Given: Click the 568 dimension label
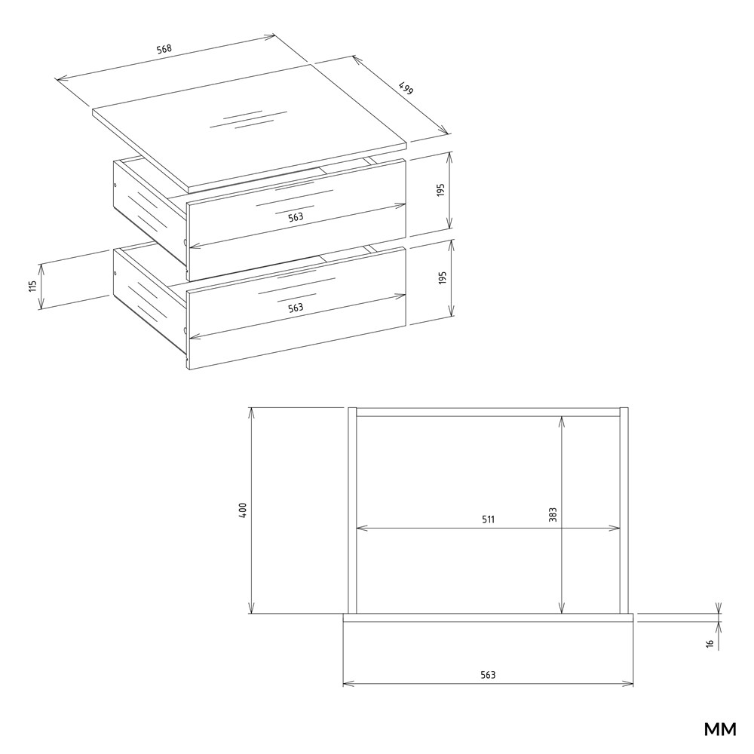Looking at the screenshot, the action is [x=164, y=48].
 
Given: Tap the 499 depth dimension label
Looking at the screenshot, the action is [x=406, y=88].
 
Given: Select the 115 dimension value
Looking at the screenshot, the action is [x=32, y=286].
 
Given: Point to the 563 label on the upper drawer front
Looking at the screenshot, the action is [x=296, y=217].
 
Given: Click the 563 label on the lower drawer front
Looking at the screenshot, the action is [x=296, y=308].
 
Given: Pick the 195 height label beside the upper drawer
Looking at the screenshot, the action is [x=441, y=190].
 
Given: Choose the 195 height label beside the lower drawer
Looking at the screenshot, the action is [x=443, y=278].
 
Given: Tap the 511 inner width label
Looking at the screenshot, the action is [x=488, y=520].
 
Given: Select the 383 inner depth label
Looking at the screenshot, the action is [x=553, y=514].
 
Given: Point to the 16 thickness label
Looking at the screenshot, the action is [x=710, y=643].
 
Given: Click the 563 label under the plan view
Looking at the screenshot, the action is [x=488, y=675].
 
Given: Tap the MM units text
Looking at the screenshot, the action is [x=720, y=729].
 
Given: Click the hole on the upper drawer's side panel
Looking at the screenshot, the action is [x=115, y=185].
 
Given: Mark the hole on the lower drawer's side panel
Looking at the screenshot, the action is [x=115, y=274].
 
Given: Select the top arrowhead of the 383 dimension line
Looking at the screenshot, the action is [x=562, y=421].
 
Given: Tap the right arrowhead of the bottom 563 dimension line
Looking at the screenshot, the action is [x=628, y=684].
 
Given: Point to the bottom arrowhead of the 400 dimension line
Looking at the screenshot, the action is [x=251, y=608].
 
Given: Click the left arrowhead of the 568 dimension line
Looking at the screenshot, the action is [x=63, y=79].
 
